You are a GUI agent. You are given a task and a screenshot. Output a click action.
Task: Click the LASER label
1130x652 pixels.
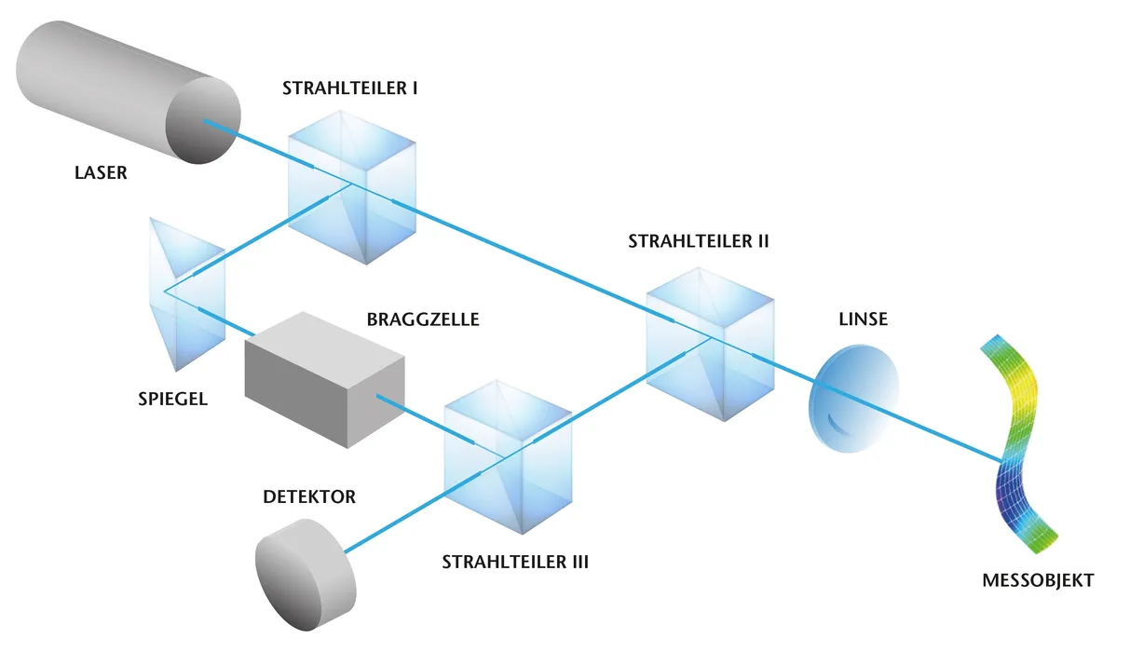[x=101, y=172]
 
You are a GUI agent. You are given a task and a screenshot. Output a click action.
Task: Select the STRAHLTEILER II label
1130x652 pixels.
[x=699, y=240]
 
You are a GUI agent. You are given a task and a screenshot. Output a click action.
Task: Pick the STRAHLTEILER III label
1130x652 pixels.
[x=515, y=563]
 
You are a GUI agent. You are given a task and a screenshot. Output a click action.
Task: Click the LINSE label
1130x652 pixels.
[x=864, y=319]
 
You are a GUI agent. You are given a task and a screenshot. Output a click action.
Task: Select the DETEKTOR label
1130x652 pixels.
[x=308, y=497]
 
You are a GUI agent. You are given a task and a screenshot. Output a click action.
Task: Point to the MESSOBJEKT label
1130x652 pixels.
[x=1038, y=581]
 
